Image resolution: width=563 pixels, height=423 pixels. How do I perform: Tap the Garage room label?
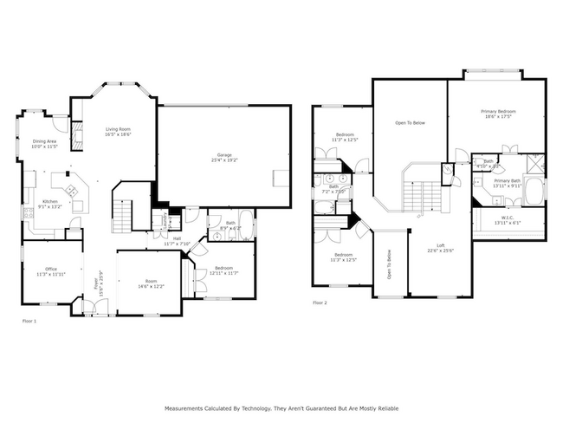[x=224, y=157]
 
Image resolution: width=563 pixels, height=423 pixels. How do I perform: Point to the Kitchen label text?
[x=49, y=203]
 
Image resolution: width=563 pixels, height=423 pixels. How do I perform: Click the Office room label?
[x=51, y=271]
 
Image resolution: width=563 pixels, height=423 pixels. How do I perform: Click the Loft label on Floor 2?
[x=440, y=247]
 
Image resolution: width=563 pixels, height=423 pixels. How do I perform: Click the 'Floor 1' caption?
[x=29, y=321]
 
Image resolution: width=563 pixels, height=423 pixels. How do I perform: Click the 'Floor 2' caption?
[x=320, y=303]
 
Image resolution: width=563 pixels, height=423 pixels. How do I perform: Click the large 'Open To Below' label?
[x=410, y=123]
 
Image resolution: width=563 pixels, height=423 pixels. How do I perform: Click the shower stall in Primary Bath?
[x=535, y=163]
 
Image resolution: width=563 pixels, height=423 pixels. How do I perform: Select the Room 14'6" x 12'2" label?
[x=151, y=283]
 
